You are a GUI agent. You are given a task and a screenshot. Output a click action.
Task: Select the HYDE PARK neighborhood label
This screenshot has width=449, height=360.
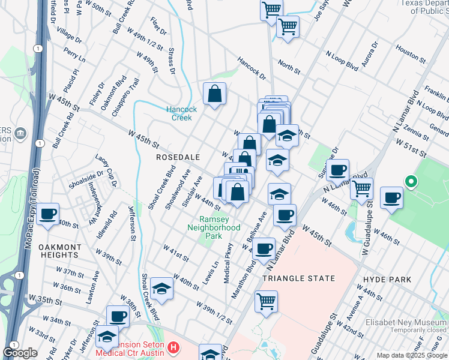[x=387, y=280]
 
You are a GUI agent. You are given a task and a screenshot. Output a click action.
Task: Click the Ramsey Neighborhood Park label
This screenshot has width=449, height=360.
[x=213, y=227]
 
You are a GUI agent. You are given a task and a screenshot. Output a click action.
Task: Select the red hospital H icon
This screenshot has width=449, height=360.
[x=173, y=347]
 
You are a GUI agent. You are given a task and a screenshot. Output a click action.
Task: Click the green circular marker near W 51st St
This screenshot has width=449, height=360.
[x=411, y=181]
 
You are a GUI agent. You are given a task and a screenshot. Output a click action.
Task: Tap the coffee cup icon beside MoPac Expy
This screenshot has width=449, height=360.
[x=47, y=214]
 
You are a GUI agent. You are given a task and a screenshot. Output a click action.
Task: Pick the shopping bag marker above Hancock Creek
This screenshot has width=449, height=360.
[x=214, y=94]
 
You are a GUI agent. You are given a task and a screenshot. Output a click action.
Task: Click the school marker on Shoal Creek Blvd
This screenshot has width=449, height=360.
[x=161, y=289]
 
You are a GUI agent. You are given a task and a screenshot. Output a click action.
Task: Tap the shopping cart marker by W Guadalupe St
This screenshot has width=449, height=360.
[x=361, y=188]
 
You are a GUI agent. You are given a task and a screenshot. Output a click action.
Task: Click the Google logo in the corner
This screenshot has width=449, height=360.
[x=19, y=353]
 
